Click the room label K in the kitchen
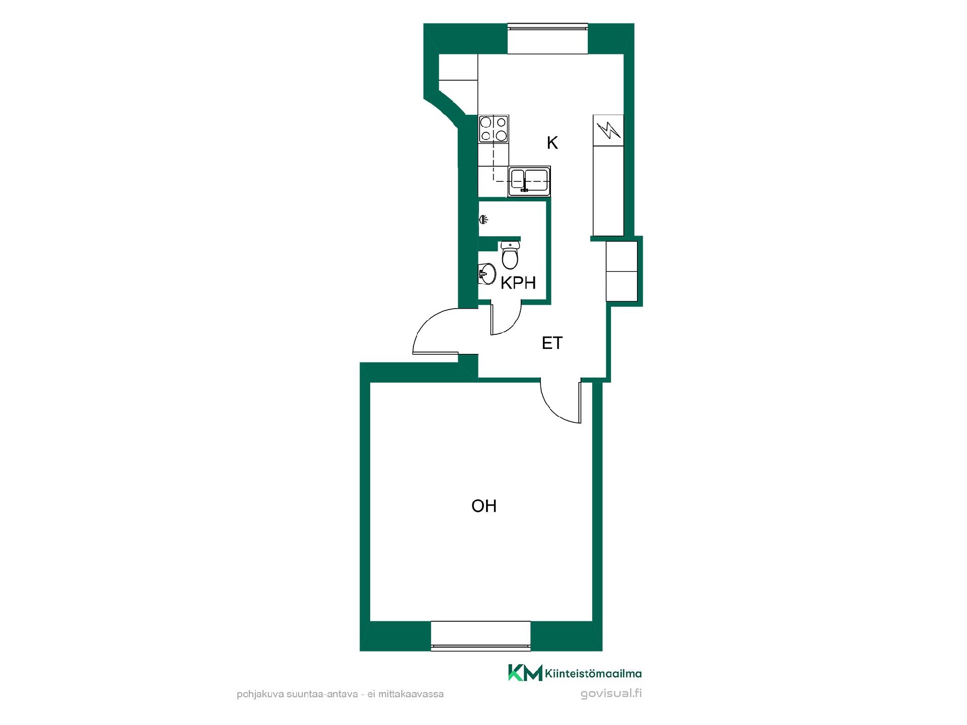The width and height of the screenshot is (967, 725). (552, 143)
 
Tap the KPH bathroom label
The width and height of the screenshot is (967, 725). (518, 283)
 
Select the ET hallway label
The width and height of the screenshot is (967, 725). (552, 343)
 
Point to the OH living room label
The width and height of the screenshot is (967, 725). (484, 505)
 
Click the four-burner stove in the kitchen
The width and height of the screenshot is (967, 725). (494, 129)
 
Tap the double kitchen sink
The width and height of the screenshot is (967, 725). (529, 181)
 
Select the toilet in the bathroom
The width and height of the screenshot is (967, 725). (510, 255)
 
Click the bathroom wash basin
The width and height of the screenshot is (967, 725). (487, 274)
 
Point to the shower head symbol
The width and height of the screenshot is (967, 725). (483, 220)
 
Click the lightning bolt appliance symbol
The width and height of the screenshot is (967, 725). (608, 130)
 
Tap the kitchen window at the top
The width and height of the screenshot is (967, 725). (547, 38)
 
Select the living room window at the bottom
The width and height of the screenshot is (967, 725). (481, 636)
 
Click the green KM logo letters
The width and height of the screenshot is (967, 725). (525, 673)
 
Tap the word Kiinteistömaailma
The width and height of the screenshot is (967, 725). (593, 674)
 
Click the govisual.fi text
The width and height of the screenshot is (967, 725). (611, 694)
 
